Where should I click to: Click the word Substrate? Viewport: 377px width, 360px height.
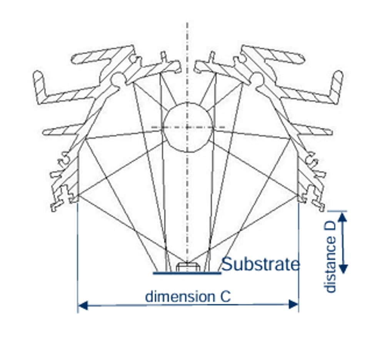point(260,265)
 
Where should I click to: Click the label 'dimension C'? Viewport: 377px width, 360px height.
point(188,296)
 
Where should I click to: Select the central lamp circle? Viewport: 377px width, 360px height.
point(187,127)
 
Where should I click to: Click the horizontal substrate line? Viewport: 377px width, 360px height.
point(187,273)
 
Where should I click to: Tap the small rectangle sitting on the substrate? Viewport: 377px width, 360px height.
point(187,267)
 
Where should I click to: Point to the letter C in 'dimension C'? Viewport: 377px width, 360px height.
point(225,296)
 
